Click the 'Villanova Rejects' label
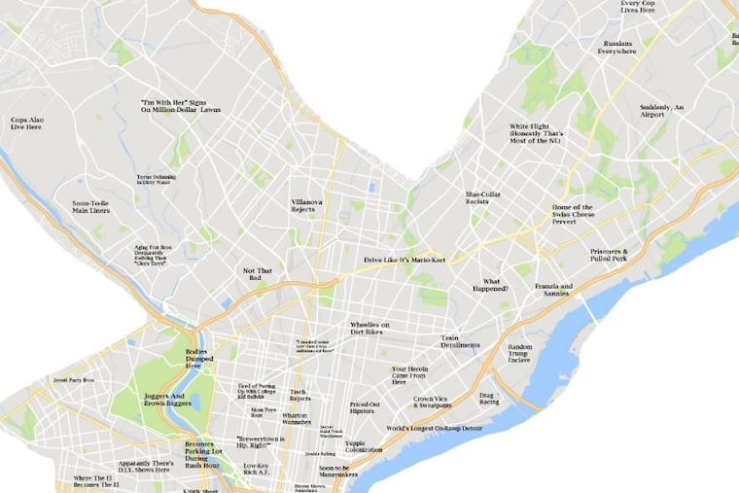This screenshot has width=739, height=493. point(310,205)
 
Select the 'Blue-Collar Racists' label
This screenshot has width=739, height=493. point(482,197)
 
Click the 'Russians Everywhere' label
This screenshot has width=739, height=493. point(618,47)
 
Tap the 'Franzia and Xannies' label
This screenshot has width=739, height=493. point(553,290)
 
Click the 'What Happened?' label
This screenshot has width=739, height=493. point(495,285)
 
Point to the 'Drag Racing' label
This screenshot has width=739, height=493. point(488,399)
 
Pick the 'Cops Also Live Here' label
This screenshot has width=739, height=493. point(26,123)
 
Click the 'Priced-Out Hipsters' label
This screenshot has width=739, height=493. point(365,407)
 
